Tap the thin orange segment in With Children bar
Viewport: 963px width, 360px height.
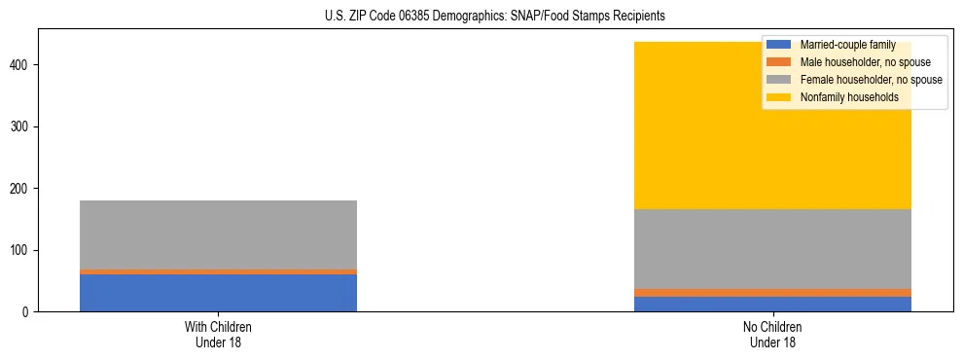(x=218, y=271)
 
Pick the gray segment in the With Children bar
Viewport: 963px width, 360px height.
(x=218, y=234)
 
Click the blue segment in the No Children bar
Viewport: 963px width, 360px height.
(x=772, y=304)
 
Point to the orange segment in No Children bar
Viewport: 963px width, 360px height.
(x=772, y=293)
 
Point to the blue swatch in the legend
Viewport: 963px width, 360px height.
(x=779, y=45)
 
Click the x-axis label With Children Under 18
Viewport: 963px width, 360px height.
(x=218, y=335)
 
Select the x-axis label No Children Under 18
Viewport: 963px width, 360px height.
(x=772, y=335)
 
